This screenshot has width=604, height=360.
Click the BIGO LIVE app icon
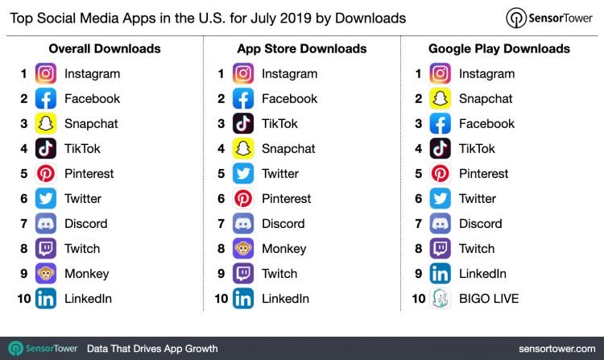(x=441, y=299)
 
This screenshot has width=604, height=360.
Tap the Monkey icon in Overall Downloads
(x=46, y=274)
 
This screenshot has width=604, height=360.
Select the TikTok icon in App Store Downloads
(x=243, y=124)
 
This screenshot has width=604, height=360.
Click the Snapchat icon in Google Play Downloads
(x=441, y=99)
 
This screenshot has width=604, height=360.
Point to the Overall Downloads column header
(x=104, y=49)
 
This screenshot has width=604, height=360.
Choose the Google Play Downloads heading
(x=499, y=49)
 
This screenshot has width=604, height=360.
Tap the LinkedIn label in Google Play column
(x=482, y=274)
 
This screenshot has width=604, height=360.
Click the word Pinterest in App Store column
(x=286, y=199)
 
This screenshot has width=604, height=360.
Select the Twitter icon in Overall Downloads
(x=46, y=199)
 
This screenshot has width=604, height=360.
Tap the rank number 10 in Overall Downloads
(x=23, y=299)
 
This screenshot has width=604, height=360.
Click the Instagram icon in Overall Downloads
(x=46, y=74)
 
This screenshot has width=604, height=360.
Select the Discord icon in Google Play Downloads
(x=441, y=224)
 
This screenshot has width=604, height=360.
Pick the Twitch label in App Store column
(x=279, y=274)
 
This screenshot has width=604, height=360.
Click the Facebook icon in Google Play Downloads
(x=441, y=124)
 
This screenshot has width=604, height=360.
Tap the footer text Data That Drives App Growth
(x=152, y=349)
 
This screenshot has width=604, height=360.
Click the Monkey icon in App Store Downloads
(x=243, y=249)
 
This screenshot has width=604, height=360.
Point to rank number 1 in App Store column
(x=221, y=74)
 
